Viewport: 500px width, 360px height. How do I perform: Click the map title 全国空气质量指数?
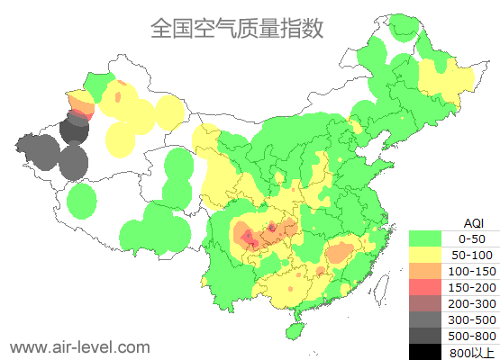point(237,28)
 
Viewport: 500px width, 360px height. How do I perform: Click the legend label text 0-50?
point(472,238)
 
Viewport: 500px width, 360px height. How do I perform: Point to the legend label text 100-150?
point(472,271)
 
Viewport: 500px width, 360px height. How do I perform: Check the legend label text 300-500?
point(472,319)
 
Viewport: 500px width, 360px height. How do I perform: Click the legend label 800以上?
point(472,352)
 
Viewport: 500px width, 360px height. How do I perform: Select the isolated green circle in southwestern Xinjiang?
point(82,201)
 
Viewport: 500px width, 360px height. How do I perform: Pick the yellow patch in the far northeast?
point(445,79)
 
